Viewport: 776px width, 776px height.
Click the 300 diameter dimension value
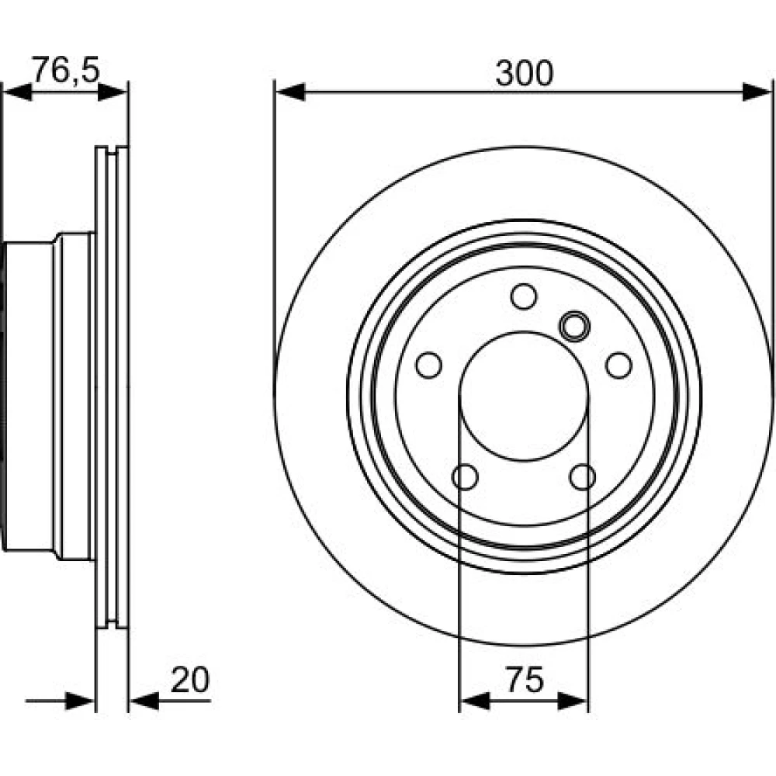pyautogui.click(x=524, y=73)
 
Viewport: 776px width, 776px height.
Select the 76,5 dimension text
pyautogui.click(x=66, y=71)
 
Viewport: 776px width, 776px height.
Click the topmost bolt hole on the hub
pyautogui.click(x=524, y=296)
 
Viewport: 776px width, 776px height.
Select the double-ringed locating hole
pyautogui.click(x=574, y=326)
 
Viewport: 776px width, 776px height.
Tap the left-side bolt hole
pyautogui.click(x=428, y=365)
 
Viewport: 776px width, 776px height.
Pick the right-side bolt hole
pyautogui.click(x=618, y=365)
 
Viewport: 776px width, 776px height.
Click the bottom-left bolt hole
pyautogui.click(x=465, y=477)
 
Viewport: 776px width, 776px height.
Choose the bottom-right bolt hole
pyautogui.click(x=583, y=477)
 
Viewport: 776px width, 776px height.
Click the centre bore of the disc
pyautogui.click(x=524, y=397)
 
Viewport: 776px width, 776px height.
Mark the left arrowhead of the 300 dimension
pyautogui.click(x=290, y=92)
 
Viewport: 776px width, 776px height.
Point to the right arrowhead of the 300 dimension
pyautogui.click(x=757, y=92)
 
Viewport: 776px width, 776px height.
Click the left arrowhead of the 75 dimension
pyautogui.click(x=475, y=701)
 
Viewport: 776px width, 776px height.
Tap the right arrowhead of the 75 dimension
pyautogui.click(x=573, y=701)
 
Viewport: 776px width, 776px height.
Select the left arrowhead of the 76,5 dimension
pyautogui.click(x=17, y=92)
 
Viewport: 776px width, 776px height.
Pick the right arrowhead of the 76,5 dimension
pyautogui.click(x=113, y=92)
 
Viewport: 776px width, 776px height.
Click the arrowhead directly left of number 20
pyautogui.click(x=144, y=701)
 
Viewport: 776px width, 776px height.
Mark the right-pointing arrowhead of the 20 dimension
pyautogui.click(x=80, y=701)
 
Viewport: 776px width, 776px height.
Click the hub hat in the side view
pyautogui.click(x=48, y=396)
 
